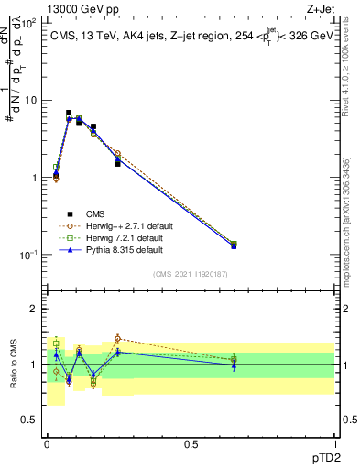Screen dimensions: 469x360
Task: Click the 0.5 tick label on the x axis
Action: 191,444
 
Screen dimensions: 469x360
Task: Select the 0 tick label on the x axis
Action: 47,444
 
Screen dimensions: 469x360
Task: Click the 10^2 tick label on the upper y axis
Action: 28,23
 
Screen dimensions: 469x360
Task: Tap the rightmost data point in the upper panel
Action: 234,245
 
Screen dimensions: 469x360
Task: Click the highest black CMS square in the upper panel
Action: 69,114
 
